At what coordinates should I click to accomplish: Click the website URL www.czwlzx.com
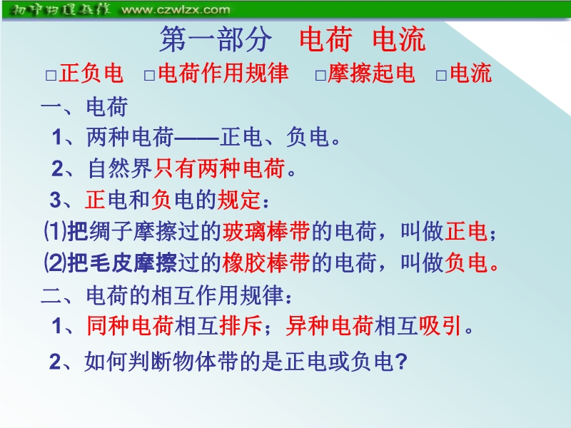click(x=176, y=9)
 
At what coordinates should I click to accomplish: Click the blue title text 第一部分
click(x=216, y=39)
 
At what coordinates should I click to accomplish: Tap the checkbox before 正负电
click(x=51, y=76)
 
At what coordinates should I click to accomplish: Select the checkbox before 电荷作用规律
click(x=150, y=76)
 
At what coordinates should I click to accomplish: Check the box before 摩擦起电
click(x=320, y=76)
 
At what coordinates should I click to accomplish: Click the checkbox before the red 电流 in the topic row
click(x=441, y=76)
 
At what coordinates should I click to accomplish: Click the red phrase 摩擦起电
click(x=371, y=73)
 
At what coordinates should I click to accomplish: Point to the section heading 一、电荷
click(x=84, y=107)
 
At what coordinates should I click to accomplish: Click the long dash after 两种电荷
click(x=197, y=138)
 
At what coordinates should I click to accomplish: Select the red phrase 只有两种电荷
click(x=219, y=168)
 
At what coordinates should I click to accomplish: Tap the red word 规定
click(x=239, y=200)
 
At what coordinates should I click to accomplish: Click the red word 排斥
click(x=241, y=325)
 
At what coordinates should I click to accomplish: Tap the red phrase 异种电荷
click(x=330, y=325)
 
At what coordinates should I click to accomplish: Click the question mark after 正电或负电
click(x=400, y=362)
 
